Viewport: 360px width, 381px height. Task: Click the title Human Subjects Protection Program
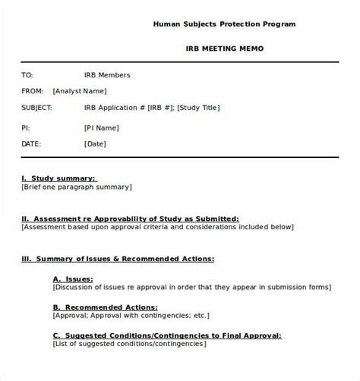224,24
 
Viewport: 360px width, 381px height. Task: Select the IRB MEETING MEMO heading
225,49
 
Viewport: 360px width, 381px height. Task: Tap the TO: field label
27,75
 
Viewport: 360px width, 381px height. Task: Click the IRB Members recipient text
107,75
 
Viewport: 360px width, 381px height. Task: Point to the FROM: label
33,91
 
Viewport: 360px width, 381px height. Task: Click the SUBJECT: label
37,108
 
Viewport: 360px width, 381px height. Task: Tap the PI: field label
26,125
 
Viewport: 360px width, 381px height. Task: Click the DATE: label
31,143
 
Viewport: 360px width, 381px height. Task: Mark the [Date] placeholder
95,143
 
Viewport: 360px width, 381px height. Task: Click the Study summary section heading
58,178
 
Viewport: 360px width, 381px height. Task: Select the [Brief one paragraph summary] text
76,187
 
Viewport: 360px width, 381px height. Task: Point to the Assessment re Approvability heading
130,218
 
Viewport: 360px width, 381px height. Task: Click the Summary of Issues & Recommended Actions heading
118,258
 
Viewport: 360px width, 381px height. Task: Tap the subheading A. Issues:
73,279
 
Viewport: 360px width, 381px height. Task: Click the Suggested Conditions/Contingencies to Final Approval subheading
167,335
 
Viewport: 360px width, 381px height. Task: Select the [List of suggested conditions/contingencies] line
129,344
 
